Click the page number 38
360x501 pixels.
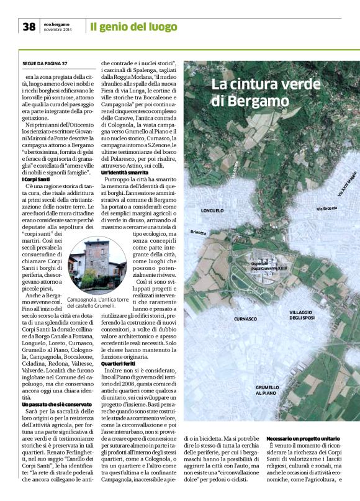[29, 27]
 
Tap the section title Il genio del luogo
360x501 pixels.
[132, 27]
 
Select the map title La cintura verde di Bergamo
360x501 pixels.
[250, 91]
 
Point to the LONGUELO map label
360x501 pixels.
[214, 210]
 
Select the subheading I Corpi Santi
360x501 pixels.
[36, 179]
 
